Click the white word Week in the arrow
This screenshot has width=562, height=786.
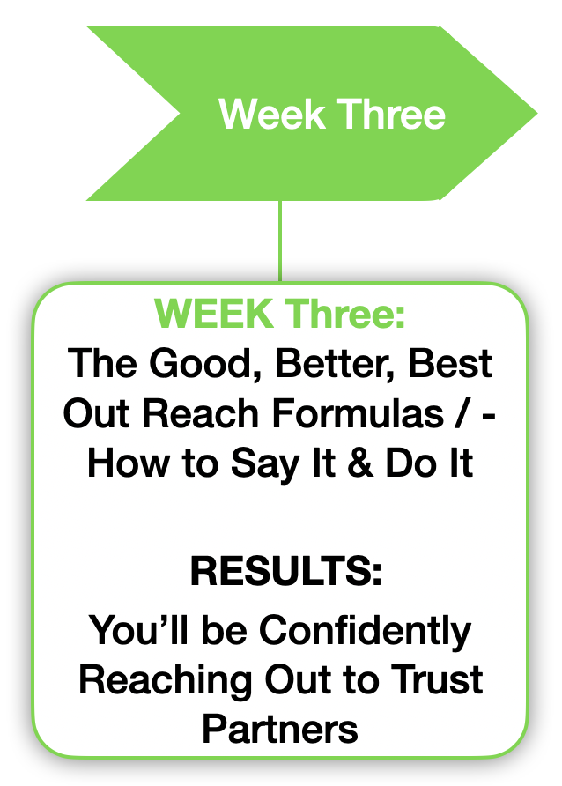271,115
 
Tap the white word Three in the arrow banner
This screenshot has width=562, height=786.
391,115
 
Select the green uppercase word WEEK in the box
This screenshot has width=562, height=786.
214,314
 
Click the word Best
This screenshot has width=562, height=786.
450,363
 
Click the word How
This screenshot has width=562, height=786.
129,463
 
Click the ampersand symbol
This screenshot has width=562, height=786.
360,463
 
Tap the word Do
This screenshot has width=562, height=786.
412,463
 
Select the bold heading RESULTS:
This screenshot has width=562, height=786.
286,571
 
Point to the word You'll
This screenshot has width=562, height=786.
139,630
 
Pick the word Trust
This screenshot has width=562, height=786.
437,679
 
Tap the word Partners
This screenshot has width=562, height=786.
280,729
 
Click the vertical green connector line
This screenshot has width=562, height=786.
280,241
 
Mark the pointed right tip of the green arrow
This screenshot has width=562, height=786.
537,114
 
